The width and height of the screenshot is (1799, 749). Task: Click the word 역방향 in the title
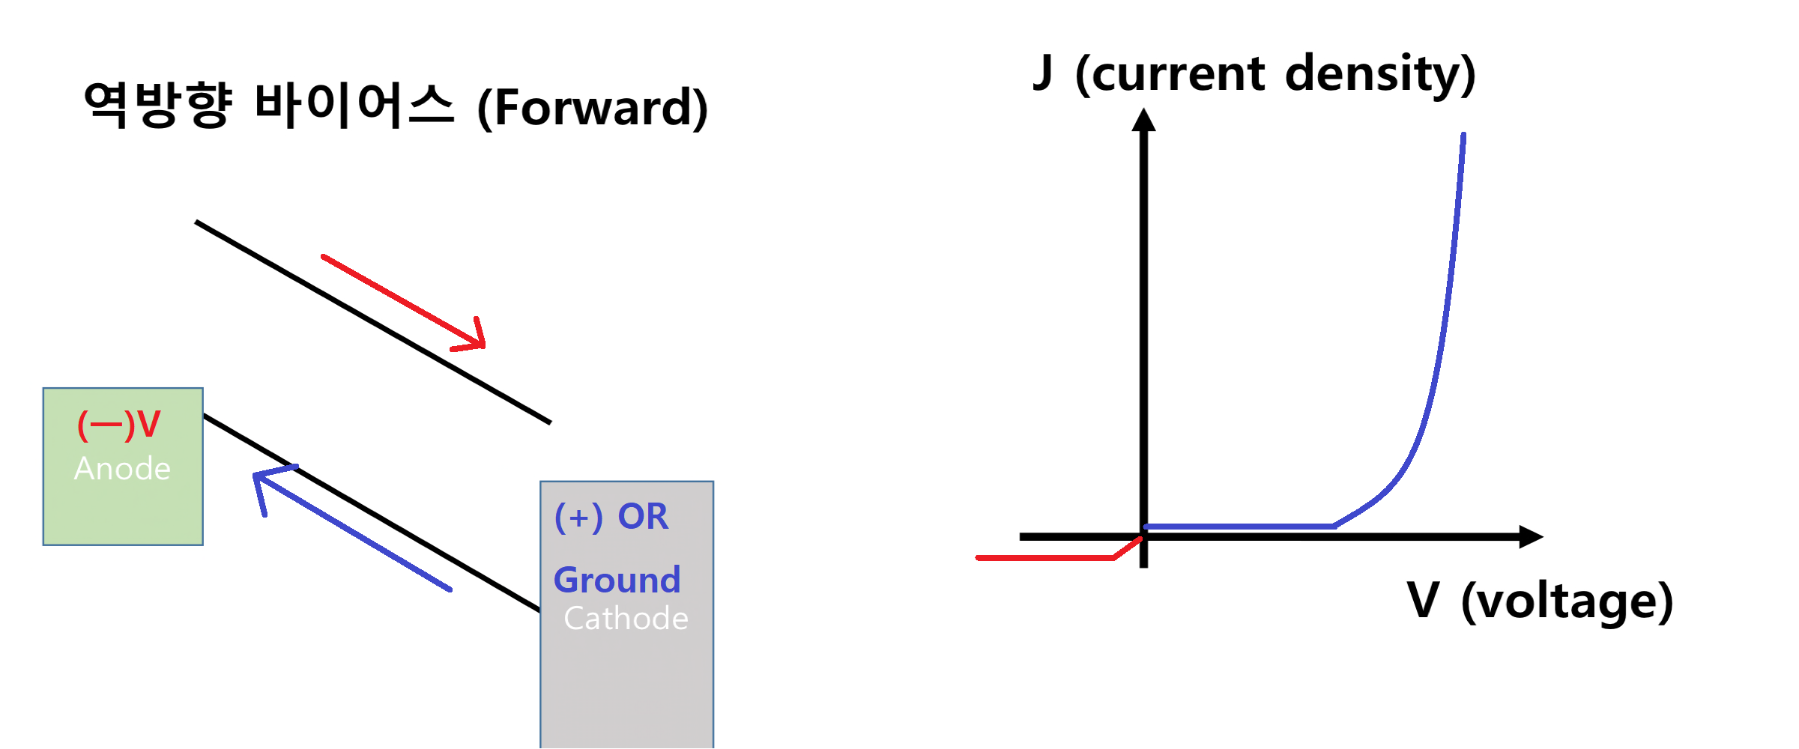pyautogui.click(x=157, y=106)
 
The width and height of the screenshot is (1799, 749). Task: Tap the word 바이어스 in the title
pyautogui.click(x=354, y=106)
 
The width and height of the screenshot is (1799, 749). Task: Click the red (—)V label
pyautogui.click(x=119, y=425)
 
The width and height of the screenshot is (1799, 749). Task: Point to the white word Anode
pyautogui.click(x=122, y=469)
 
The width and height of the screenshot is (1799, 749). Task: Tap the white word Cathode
pyautogui.click(x=626, y=619)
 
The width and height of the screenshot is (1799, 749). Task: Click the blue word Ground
pyautogui.click(x=617, y=580)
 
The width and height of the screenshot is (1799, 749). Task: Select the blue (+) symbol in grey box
pyautogui.click(x=578, y=518)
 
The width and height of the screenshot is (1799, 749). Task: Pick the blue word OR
pyautogui.click(x=643, y=517)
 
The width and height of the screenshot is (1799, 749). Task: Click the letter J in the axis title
pyautogui.click(x=1043, y=73)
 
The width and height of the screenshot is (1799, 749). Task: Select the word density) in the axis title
pyautogui.click(x=1380, y=75)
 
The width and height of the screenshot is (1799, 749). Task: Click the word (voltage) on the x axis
pyautogui.click(x=1567, y=602)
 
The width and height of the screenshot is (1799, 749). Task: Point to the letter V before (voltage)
pyautogui.click(x=1423, y=600)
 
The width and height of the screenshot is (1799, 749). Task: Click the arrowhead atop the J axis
pyautogui.click(x=1143, y=121)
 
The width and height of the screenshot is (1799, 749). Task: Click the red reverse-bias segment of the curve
pyautogui.click(x=1049, y=558)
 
